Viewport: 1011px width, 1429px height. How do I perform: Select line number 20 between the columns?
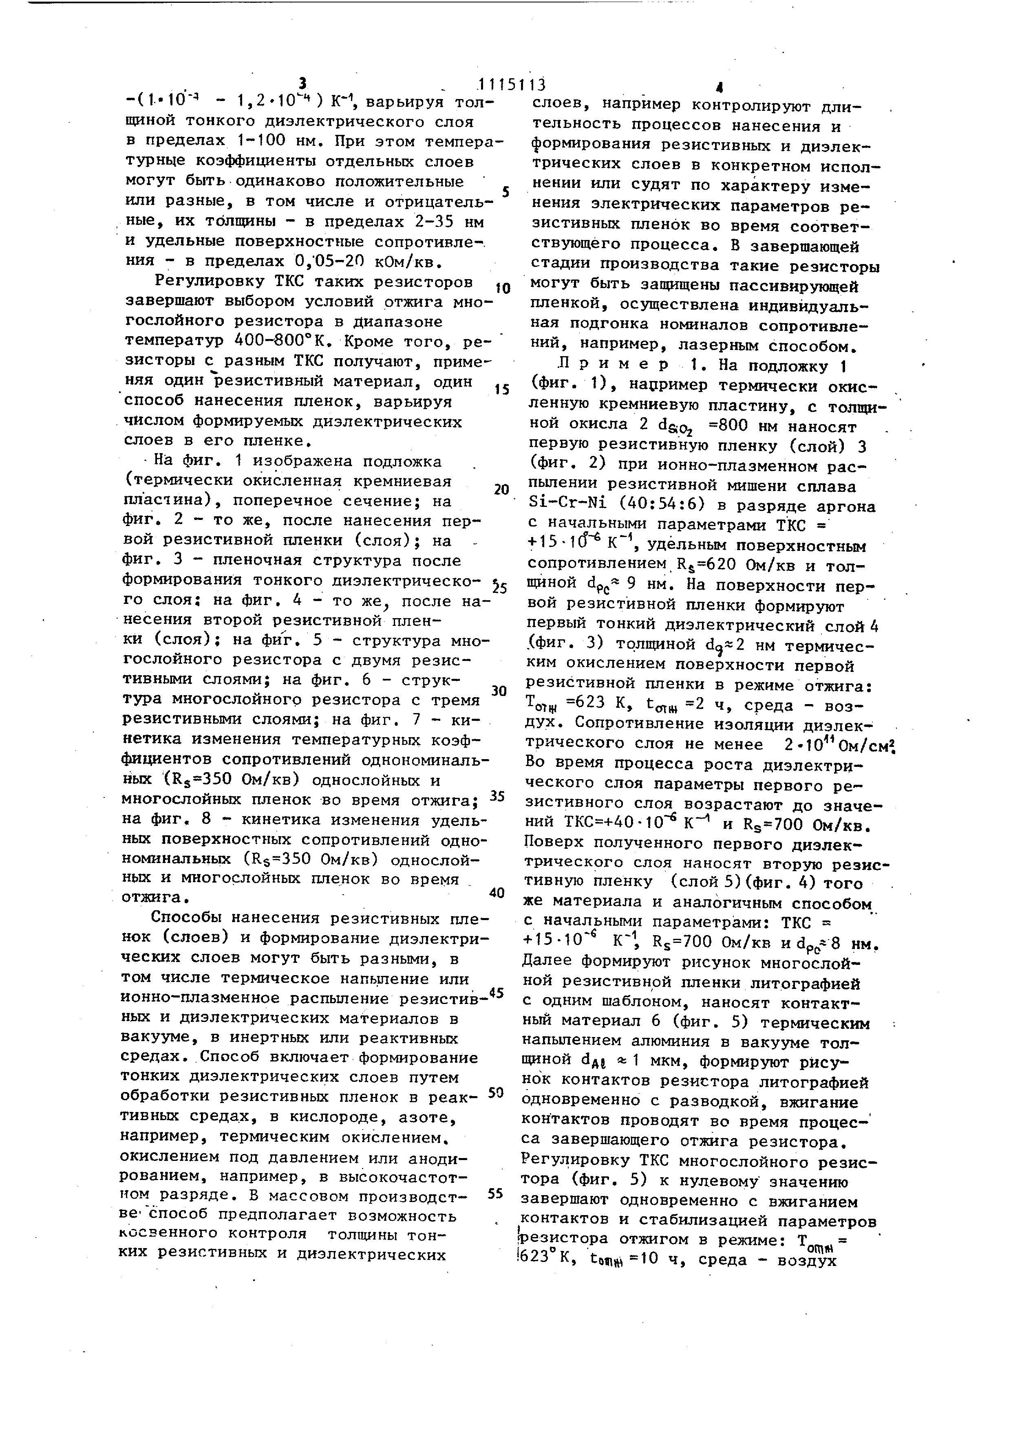click(502, 490)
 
